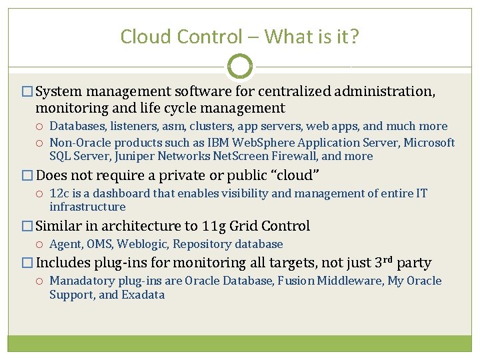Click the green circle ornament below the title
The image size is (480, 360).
[240, 66]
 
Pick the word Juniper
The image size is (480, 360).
[137, 156]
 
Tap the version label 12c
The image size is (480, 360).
[59, 193]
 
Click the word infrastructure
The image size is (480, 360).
[87, 207]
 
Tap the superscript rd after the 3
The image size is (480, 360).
[387, 259]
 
